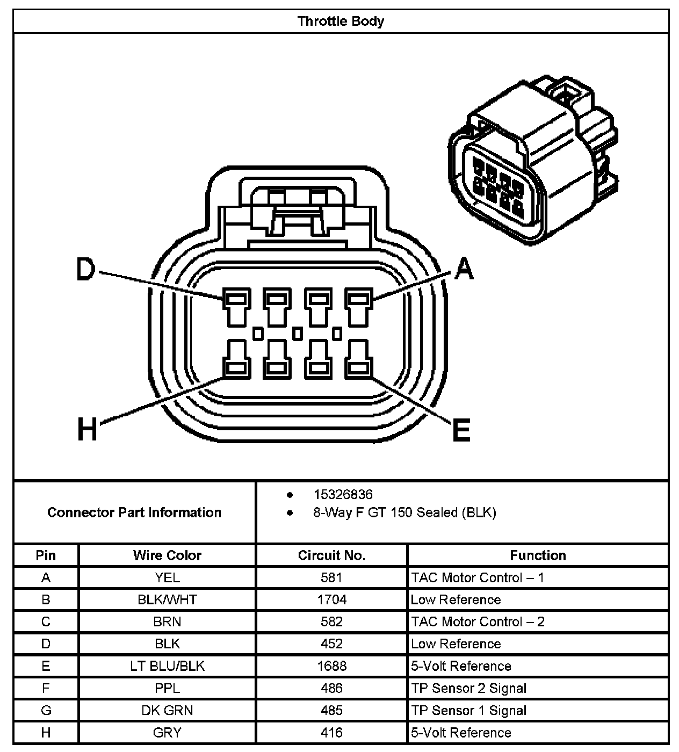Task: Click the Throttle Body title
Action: click(x=341, y=21)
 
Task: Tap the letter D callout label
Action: click(x=85, y=269)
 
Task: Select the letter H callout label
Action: click(x=88, y=430)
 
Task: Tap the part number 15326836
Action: click(x=343, y=494)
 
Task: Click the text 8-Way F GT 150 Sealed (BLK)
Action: click(x=404, y=512)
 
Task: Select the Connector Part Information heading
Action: click(x=134, y=512)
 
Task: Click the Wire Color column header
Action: click(x=167, y=555)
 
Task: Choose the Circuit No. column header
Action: click(x=331, y=555)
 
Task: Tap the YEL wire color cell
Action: click(x=167, y=577)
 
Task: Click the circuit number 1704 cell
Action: click(x=331, y=599)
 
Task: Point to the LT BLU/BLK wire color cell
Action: click(x=167, y=666)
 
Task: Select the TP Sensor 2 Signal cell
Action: click(x=468, y=688)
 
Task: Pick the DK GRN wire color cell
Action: click(x=167, y=710)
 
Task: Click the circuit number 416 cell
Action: click(x=331, y=732)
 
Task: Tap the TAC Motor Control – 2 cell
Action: click(x=478, y=621)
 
